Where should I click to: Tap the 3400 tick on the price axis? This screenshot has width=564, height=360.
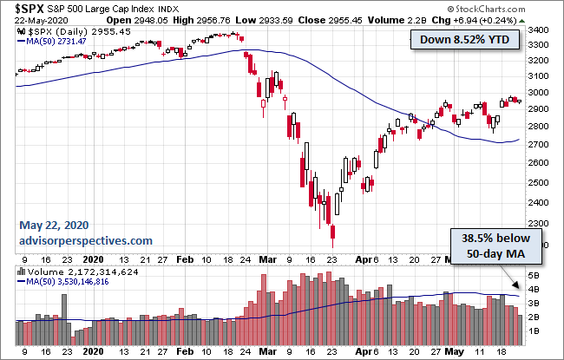tap(541, 30)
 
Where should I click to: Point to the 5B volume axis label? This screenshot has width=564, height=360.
tap(536, 275)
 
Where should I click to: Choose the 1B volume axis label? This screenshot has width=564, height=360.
tap(536, 331)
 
